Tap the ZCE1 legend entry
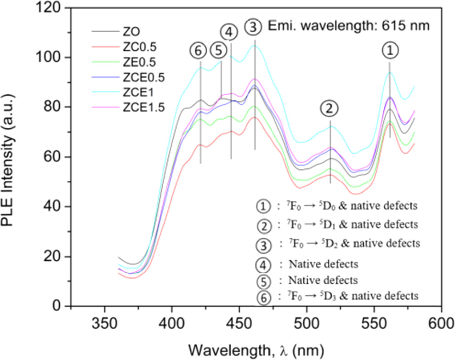coord(125,92)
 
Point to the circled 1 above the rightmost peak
coord(389,51)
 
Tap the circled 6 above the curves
coord(199,51)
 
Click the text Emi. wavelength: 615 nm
coord(349,26)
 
